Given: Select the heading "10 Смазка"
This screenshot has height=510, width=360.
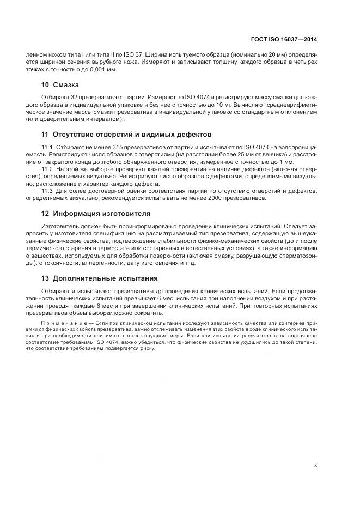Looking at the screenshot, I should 60,85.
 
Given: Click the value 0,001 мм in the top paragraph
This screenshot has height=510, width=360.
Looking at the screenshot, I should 103,70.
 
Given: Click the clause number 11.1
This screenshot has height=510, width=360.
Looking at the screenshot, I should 47,148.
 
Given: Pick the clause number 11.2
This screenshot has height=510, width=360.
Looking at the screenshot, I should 47,169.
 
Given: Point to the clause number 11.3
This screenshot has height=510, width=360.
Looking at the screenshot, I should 47,191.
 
